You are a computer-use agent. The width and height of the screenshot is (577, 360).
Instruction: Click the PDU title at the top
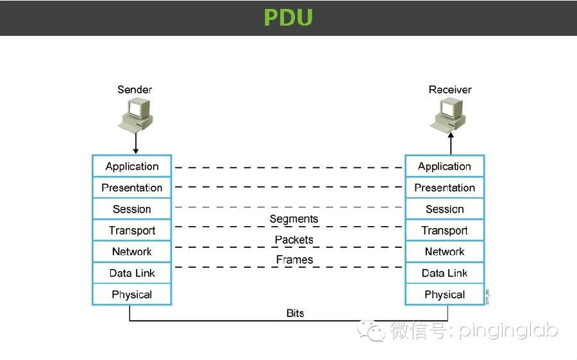click(x=288, y=17)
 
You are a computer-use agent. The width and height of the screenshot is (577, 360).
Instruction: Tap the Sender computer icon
click(x=135, y=114)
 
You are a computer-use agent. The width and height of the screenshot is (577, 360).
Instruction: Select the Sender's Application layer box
click(x=132, y=166)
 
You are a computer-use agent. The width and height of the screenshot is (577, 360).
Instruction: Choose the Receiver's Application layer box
click(x=444, y=166)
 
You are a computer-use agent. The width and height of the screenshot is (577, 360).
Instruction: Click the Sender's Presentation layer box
click(x=132, y=188)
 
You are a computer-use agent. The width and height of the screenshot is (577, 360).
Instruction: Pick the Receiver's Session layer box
click(x=444, y=209)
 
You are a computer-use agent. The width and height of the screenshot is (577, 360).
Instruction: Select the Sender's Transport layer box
click(x=132, y=231)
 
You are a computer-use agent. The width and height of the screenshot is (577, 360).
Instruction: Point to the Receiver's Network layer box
click(x=444, y=252)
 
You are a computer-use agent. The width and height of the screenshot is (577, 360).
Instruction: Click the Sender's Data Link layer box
click(x=132, y=273)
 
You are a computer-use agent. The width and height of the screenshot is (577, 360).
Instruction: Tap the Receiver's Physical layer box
click(x=444, y=295)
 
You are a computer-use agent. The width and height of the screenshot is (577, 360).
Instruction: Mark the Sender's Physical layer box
click(x=132, y=295)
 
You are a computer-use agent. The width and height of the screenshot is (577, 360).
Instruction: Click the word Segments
click(x=294, y=219)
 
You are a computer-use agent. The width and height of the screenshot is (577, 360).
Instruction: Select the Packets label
click(x=294, y=240)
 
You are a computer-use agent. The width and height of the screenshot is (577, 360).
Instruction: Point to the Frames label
click(x=294, y=259)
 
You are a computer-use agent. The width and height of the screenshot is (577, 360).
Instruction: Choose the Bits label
click(x=295, y=313)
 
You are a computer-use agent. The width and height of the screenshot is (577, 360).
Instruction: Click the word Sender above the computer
click(x=135, y=90)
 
